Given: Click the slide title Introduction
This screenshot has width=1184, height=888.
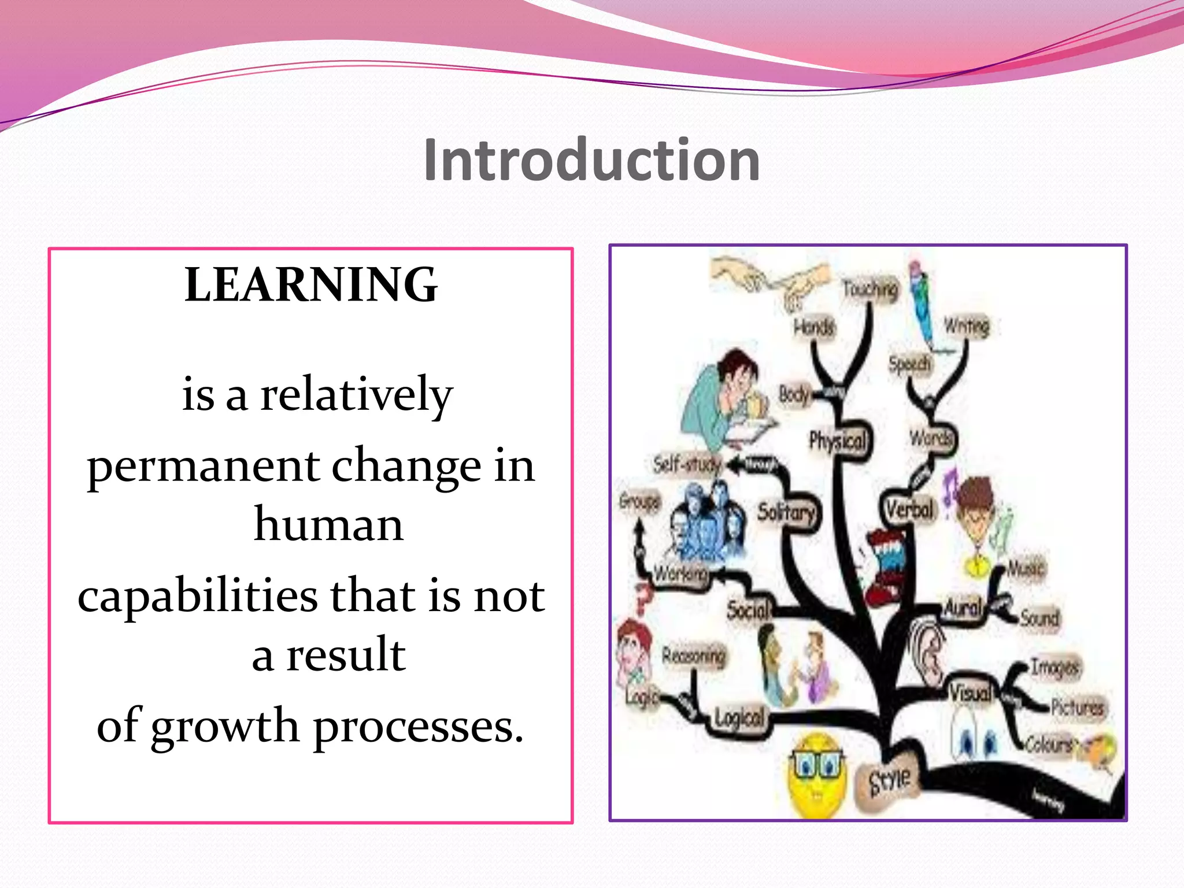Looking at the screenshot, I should click(591, 160).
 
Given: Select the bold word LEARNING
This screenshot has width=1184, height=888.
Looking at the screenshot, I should click(311, 284).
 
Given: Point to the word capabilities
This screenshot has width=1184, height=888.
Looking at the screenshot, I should click(198, 596).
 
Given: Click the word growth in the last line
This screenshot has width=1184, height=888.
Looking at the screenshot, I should click(225, 726).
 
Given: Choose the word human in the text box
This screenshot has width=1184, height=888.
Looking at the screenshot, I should click(328, 524).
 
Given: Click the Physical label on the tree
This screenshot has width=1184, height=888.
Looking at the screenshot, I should click(837, 442).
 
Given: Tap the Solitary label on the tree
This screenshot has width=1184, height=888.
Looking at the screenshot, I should click(786, 512).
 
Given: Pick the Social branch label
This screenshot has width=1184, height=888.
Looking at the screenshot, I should click(748, 609).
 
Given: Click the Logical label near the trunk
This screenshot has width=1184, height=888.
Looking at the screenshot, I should click(739, 718).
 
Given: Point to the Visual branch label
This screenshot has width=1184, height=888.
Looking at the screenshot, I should click(970, 692).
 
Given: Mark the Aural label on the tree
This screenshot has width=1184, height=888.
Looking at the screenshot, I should click(963, 608).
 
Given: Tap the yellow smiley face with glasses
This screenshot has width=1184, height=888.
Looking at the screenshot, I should click(817, 776).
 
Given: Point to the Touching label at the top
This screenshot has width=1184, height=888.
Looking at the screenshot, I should click(870, 288).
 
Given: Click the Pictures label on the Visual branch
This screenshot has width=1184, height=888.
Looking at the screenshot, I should click(1076, 707).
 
